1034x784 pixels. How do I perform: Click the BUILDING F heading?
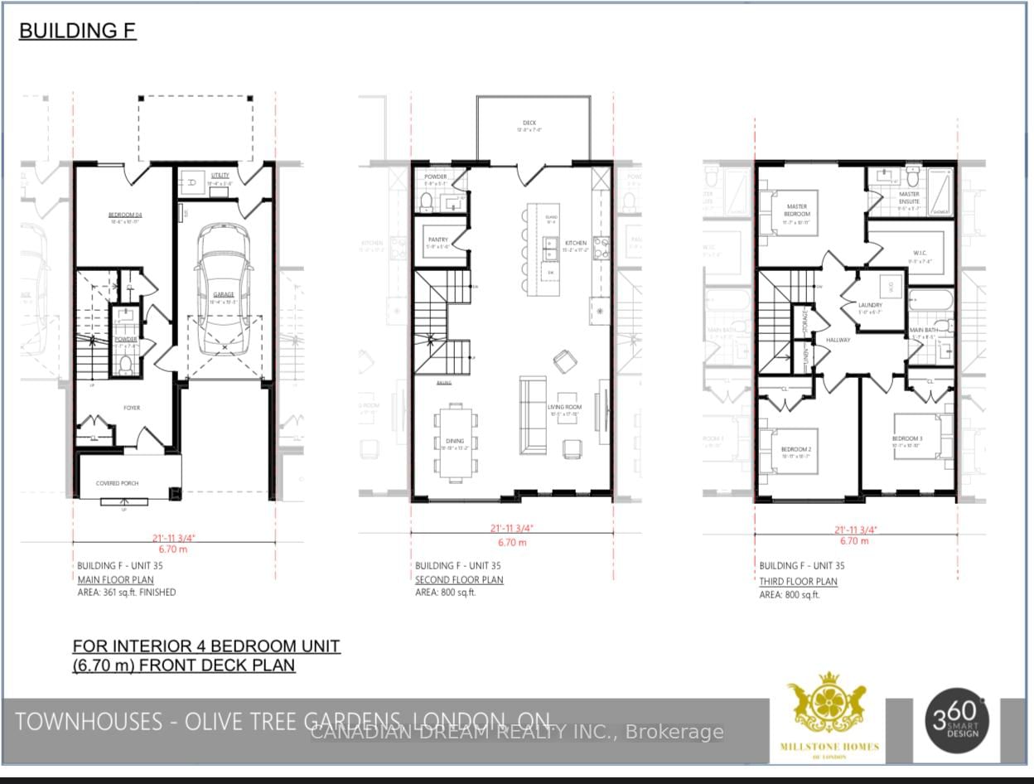click(77, 31)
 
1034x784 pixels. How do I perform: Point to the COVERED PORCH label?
click(117, 483)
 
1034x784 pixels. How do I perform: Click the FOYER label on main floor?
click(132, 407)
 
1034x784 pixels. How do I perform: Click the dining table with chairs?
click(454, 442)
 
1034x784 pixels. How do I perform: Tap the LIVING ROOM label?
click(564, 408)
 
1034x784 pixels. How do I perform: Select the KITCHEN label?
click(576, 244)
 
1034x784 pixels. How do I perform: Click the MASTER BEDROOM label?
click(797, 210)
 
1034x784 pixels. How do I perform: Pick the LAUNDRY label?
click(870, 306)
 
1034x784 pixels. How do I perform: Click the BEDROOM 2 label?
click(796, 450)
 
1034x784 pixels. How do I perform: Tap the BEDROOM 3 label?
click(906, 438)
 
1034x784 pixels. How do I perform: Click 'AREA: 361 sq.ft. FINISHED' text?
click(127, 593)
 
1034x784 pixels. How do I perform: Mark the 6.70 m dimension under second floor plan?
click(511, 543)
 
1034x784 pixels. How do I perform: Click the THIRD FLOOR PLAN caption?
click(798, 582)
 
